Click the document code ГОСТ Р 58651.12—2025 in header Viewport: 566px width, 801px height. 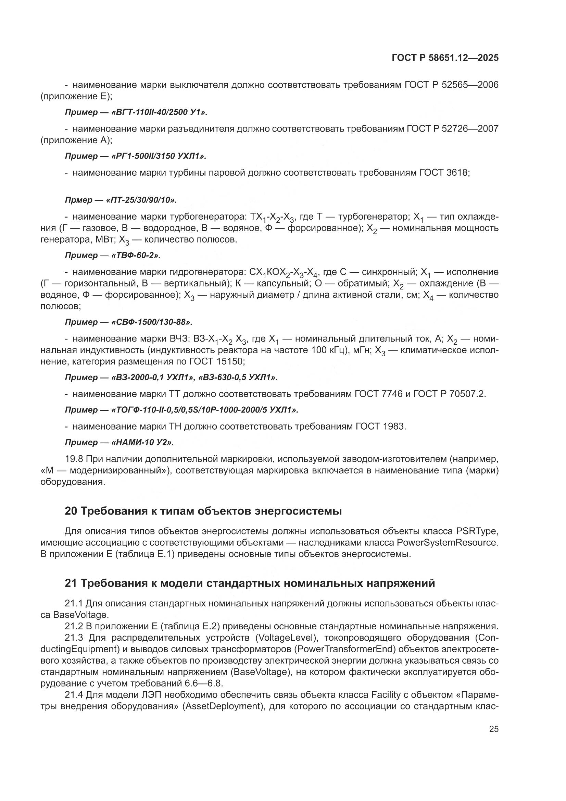coord(445,58)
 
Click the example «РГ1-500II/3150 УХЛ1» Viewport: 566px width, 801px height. coord(159,156)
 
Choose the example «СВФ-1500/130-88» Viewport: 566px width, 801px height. coord(152,322)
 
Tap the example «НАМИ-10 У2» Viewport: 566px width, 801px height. coord(142,442)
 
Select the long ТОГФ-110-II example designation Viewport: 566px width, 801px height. coord(205,409)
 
